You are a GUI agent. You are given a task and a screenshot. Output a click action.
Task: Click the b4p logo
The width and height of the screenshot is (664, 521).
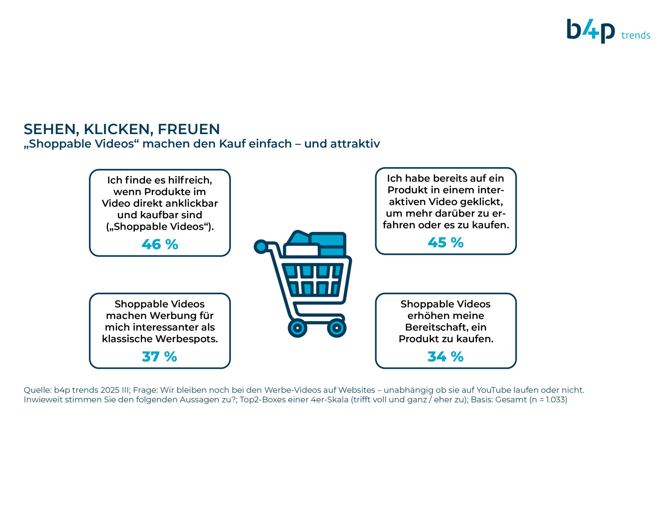[x=590, y=31]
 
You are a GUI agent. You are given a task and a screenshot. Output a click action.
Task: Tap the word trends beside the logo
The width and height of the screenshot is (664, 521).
[x=635, y=35]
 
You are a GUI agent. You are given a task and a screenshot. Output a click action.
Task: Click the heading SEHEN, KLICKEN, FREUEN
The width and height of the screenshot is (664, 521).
[x=122, y=129]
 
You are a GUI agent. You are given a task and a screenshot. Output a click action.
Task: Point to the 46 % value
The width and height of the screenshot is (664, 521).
[x=160, y=244]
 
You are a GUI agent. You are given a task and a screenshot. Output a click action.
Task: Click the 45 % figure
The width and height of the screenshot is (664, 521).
[x=445, y=243]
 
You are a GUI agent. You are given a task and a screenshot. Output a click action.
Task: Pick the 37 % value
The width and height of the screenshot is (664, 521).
[x=160, y=357]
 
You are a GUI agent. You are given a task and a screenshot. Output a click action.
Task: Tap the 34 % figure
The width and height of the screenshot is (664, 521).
[x=445, y=357]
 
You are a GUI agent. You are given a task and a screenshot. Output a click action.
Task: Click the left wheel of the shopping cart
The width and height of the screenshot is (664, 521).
[x=297, y=328]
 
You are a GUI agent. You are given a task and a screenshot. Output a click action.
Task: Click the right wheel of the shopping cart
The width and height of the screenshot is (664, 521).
[x=337, y=328]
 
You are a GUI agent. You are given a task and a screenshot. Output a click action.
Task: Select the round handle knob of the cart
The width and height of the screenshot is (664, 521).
[x=261, y=247]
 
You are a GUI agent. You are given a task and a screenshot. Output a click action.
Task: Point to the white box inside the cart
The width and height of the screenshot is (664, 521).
[x=302, y=250]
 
